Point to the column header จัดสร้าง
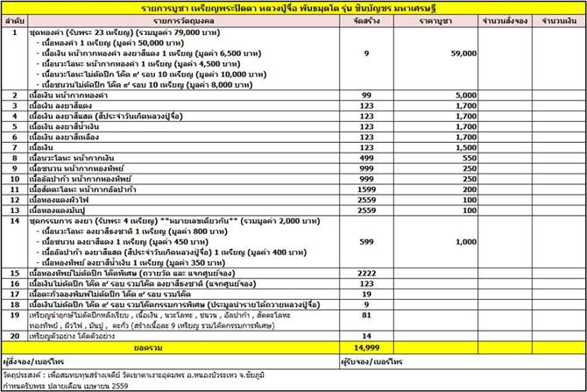(x=353, y=18)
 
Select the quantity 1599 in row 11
(x=352, y=189)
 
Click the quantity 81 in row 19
(x=352, y=314)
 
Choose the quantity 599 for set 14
(x=352, y=240)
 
